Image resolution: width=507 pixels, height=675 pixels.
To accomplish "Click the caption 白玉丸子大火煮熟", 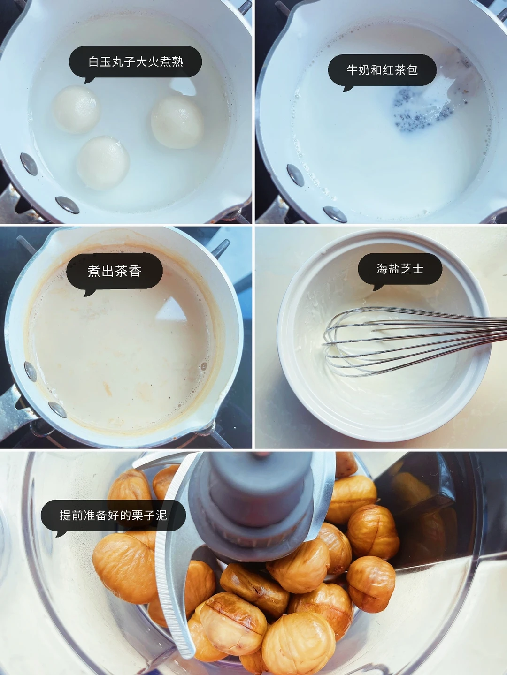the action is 136,62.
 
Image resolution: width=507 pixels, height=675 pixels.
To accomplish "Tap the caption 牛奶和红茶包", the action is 382,70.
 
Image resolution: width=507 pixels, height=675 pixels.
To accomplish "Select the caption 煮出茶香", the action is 115,271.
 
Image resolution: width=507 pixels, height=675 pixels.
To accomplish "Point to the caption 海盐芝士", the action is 400,269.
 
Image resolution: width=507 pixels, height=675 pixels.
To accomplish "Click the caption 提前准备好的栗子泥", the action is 114,515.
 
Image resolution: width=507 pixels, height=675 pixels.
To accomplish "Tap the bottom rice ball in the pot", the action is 103,162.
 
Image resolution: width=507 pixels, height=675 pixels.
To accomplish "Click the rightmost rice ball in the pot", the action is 177,121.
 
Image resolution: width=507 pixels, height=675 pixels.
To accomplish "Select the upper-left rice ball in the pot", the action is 76,109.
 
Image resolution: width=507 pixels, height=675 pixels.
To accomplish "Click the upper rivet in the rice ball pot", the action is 29,164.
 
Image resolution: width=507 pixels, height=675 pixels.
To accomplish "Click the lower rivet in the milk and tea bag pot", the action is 335,214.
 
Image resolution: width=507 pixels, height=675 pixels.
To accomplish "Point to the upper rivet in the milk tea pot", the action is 30,372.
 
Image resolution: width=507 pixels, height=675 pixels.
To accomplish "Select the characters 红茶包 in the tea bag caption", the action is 400,70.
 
